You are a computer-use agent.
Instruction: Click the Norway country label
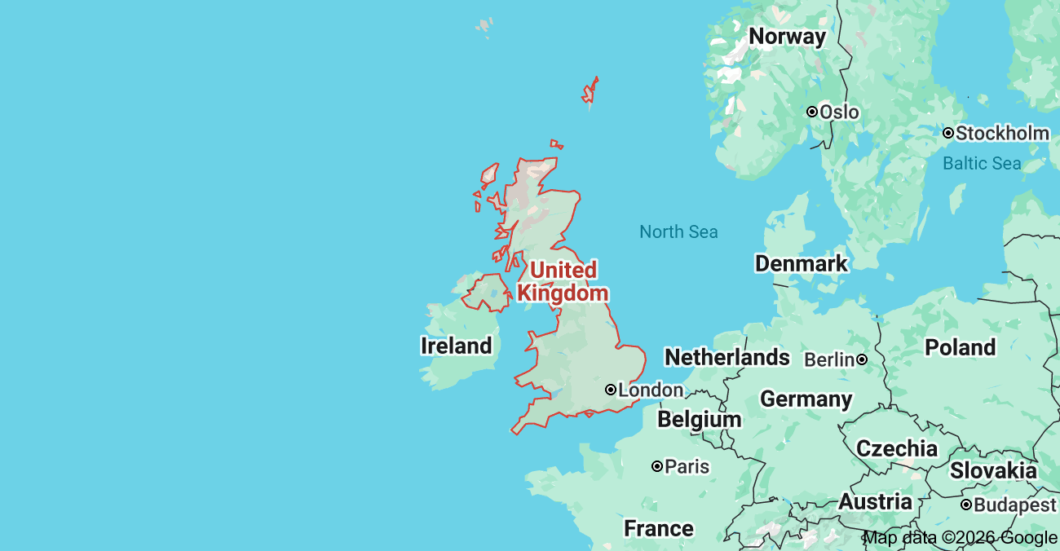[787, 37]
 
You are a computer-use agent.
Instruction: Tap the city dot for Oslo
[812, 112]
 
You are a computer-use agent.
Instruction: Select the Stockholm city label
[1002, 133]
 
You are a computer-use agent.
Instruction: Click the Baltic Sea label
[981, 163]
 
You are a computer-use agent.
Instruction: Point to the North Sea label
[678, 232]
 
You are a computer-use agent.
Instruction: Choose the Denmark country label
[801, 263]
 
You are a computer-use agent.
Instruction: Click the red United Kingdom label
[563, 281]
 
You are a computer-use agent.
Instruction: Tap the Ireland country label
[456, 346]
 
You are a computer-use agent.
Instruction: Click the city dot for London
[611, 390]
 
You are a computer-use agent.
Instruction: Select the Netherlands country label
[727, 357]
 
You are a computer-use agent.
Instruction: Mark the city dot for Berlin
[861, 359]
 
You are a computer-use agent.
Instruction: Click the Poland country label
[960, 347]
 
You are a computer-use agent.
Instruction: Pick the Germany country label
[806, 399]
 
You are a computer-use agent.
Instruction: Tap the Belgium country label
[699, 420]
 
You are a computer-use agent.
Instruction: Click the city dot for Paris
[656, 466]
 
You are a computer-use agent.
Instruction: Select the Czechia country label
[896, 448]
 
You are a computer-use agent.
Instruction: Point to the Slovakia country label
[992, 470]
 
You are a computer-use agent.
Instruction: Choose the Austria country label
[875, 502]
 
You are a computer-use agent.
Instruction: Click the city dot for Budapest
[965, 505]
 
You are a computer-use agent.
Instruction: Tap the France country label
[658, 529]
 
